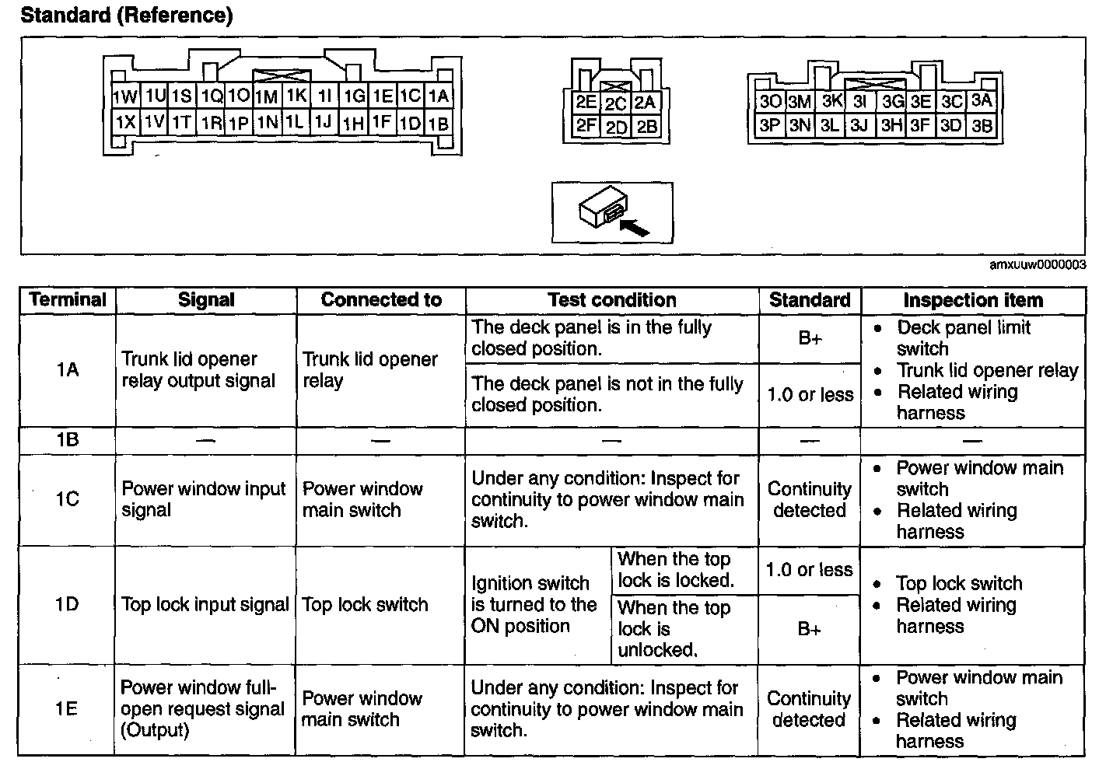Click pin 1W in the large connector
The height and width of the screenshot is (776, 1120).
coord(124,97)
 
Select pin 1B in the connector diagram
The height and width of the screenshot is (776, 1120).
coord(439,123)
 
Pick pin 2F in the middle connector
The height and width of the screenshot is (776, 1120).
coord(586,125)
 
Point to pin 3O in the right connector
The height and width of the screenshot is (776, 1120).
coord(770,102)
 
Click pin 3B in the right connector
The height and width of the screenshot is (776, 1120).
coord(982,125)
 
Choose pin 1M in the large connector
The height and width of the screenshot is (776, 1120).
coord(267,97)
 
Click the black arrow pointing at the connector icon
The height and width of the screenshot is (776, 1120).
coord(635,226)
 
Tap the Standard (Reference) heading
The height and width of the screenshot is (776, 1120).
coord(127,16)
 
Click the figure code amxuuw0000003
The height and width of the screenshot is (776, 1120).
coord(1038,265)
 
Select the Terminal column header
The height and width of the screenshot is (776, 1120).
coord(68,300)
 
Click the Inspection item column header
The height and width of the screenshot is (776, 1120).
coord(972,300)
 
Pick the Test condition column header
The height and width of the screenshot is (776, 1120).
coord(611,300)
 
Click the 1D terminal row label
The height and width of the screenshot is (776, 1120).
coord(68,604)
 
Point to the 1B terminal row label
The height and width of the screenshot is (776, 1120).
coord(68,440)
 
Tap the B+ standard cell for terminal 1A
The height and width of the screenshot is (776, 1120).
coord(810,338)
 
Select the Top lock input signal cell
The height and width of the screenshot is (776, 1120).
coord(205,604)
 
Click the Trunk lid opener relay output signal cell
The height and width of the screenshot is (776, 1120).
coord(198,370)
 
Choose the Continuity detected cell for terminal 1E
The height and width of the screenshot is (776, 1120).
coord(809,709)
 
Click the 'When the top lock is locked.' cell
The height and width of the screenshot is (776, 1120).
coord(675,570)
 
